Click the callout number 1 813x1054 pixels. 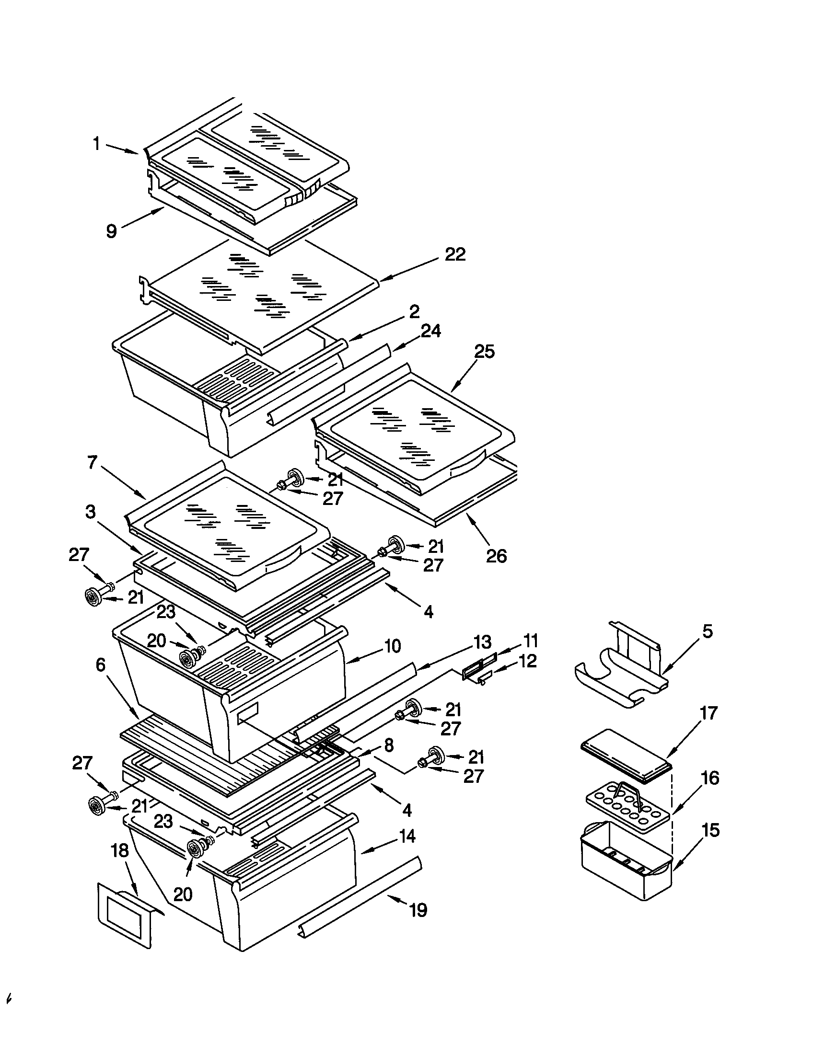(96, 143)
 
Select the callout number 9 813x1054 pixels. (112, 231)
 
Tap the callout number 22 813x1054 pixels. (455, 254)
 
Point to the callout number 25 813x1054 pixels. (484, 351)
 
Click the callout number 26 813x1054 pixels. (496, 556)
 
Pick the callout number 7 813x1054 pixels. (92, 462)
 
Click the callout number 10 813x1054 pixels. (393, 646)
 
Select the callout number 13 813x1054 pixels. (482, 642)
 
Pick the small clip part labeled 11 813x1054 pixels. (479, 672)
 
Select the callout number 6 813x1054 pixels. (100, 665)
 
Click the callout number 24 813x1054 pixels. (430, 331)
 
